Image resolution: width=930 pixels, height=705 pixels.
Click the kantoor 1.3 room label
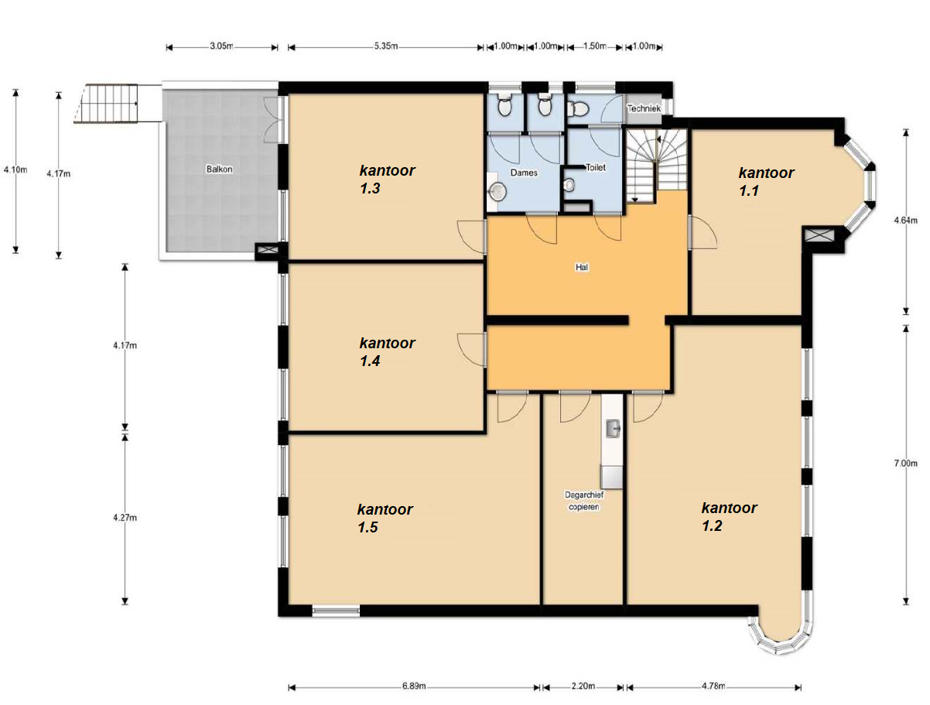[387, 179]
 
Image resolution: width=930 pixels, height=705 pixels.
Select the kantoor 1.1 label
[766, 181]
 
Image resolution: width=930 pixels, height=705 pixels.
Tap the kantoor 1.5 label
[385, 518]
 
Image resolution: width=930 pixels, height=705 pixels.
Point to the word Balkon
[219, 169]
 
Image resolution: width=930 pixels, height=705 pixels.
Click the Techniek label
[644, 108]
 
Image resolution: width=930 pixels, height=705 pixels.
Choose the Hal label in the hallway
[581, 267]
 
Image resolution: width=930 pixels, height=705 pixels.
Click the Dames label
[524, 173]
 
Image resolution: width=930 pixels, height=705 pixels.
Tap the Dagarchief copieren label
[584, 501]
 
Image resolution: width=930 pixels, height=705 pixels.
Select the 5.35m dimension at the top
[385, 46]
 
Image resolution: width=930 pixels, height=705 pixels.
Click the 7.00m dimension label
[905, 463]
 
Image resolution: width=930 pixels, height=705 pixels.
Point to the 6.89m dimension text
[414, 686]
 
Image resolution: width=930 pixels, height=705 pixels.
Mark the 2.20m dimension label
[583, 686]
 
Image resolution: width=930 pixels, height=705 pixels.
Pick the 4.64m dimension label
[905, 220]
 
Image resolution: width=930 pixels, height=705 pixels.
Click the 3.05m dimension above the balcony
[221, 46]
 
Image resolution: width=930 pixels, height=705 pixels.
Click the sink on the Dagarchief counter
[612, 428]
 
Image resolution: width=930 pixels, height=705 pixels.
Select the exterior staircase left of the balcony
[107, 104]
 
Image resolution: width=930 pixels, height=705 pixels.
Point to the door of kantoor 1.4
[471, 350]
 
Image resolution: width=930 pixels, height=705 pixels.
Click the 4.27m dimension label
[125, 517]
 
